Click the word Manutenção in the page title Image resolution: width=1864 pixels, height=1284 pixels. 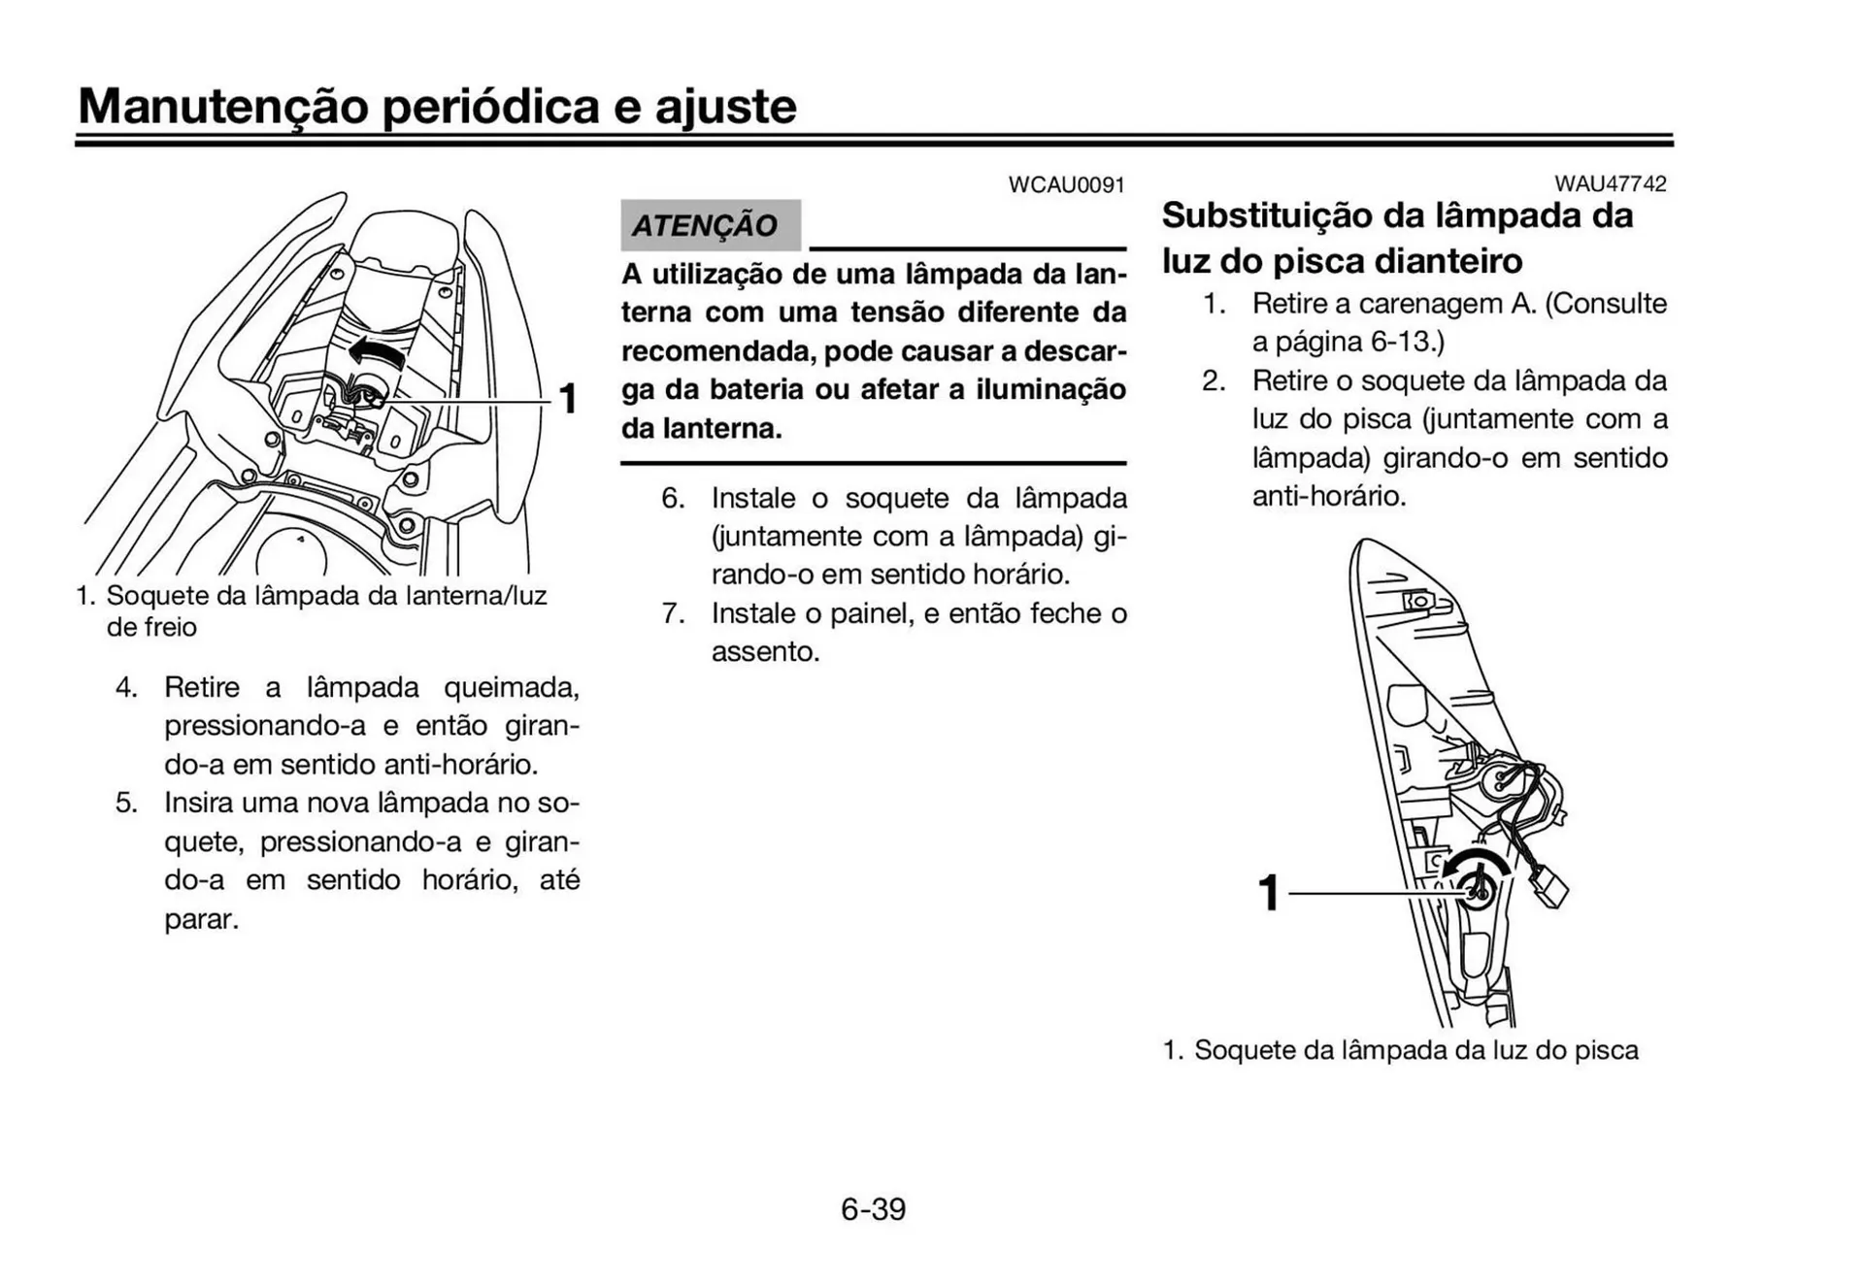pyautogui.click(x=222, y=107)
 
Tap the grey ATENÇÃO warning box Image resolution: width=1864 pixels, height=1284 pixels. pyautogui.click(x=710, y=225)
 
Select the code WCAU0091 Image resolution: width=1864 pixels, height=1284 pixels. pyautogui.click(x=1066, y=184)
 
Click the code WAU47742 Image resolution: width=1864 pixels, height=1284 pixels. pyautogui.click(x=1610, y=183)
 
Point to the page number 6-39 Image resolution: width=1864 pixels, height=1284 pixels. pyautogui.click(x=873, y=1209)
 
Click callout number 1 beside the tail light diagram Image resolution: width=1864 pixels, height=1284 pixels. pyautogui.click(x=568, y=399)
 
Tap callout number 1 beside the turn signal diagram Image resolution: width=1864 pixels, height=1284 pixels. pyautogui.click(x=1268, y=892)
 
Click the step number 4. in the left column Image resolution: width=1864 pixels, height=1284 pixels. pyautogui.click(x=127, y=687)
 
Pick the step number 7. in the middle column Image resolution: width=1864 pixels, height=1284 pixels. pyautogui.click(x=674, y=613)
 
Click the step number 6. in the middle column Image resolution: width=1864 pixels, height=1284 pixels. pyautogui.click(x=674, y=498)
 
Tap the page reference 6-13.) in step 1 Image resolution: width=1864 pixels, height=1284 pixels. pyautogui.click(x=1407, y=342)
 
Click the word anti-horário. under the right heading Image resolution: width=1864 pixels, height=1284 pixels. pyautogui.click(x=1328, y=497)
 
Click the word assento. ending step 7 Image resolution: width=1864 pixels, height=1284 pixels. pyautogui.click(x=765, y=651)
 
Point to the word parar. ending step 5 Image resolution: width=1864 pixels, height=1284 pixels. pyautogui.click(x=201, y=919)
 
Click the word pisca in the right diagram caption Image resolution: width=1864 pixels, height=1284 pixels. pyautogui.click(x=1606, y=1050)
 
